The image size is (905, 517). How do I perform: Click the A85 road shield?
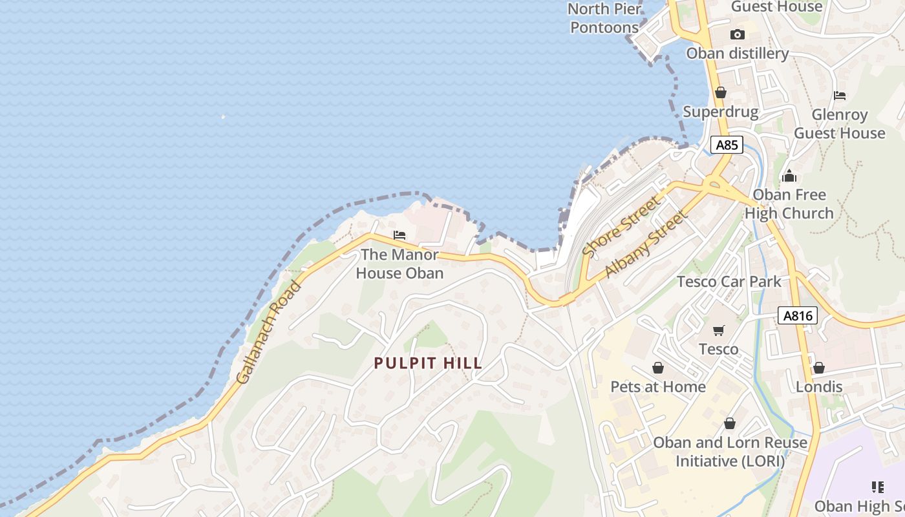pyautogui.click(x=727, y=145)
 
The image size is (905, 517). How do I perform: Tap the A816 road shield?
pyautogui.click(x=798, y=315)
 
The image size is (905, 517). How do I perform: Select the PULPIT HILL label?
pyautogui.click(x=428, y=363)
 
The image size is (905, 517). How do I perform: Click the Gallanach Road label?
pyautogui.click(x=269, y=333)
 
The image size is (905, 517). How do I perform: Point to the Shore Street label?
pyautogui.click(x=623, y=227)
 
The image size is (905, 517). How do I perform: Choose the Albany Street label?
pyautogui.click(x=645, y=244)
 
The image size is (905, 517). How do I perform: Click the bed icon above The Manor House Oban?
pyautogui.click(x=399, y=235)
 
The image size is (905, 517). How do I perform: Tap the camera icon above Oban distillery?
pyautogui.click(x=737, y=35)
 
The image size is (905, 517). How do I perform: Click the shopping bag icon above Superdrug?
pyautogui.click(x=720, y=93)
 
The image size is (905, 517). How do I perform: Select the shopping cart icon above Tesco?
pyautogui.click(x=718, y=331)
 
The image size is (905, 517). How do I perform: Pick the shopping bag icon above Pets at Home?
pyautogui.click(x=658, y=368)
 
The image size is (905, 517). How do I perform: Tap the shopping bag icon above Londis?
pyautogui.click(x=818, y=368)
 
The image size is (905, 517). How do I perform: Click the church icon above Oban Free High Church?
pyautogui.click(x=789, y=176)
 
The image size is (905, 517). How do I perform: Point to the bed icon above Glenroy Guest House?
pyautogui.click(x=839, y=96)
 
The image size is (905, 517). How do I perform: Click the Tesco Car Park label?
pyautogui.click(x=729, y=282)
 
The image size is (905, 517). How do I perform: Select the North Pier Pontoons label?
pyautogui.click(x=604, y=18)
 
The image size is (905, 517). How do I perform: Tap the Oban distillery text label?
pyautogui.click(x=737, y=54)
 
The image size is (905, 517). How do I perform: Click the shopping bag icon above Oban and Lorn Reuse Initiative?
pyautogui.click(x=730, y=423)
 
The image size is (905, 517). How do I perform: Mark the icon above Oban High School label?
pyautogui.click(x=877, y=487)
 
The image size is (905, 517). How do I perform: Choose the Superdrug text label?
pyautogui.click(x=720, y=112)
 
